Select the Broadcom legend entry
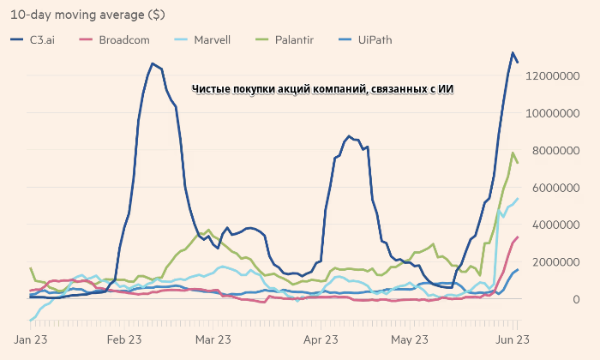point(119,39)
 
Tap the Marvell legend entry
point(208,39)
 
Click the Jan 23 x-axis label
point(30,340)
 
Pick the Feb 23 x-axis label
point(123,340)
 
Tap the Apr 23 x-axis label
point(322,340)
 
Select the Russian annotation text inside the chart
point(323,89)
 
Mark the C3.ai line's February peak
point(153,63)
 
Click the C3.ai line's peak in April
point(350,135)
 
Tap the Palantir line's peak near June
point(513,153)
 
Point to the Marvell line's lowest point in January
point(31,321)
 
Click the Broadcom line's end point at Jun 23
point(518,237)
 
